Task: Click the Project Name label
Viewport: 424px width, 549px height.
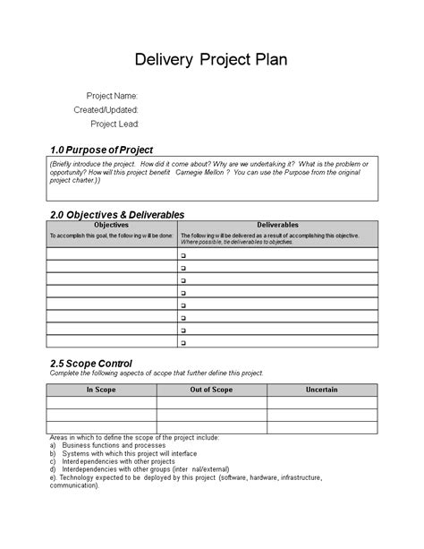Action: pyautogui.click(x=112, y=95)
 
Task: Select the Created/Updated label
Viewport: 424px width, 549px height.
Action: pyautogui.click(x=106, y=109)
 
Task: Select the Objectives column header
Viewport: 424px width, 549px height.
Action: pyautogui.click(x=112, y=225)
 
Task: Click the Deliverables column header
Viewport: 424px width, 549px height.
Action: pyautogui.click(x=277, y=225)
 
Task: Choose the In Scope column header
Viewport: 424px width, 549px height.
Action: pyautogui.click(x=101, y=390)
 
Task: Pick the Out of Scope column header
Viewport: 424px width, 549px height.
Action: pyautogui.click(x=211, y=390)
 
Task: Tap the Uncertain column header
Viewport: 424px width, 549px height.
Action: pyautogui.click(x=322, y=390)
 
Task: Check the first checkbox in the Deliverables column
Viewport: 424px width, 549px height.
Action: pyautogui.click(x=182, y=255)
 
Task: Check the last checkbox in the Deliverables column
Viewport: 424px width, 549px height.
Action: pyautogui.click(x=182, y=342)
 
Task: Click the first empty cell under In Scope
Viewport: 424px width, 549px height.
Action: pyautogui.click(x=101, y=402)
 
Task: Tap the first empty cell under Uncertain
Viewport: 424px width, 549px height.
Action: pyautogui.click(x=322, y=402)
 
